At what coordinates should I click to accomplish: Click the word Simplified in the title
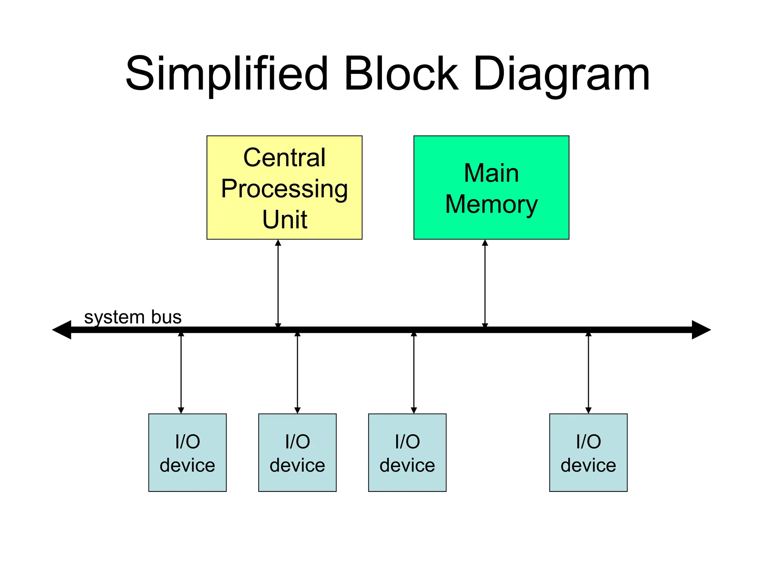pyautogui.click(x=226, y=74)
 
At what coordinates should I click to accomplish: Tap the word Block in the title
pyautogui.click(x=401, y=74)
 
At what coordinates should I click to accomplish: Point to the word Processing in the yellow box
pyautogui.click(x=284, y=189)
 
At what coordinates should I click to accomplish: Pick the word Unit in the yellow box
pyautogui.click(x=284, y=219)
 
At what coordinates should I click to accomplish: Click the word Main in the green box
pyautogui.click(x=491, y=173)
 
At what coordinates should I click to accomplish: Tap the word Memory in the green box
pyautogui.click(x=491, y=205)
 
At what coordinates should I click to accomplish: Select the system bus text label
pyautogui.click(x=133, y=317)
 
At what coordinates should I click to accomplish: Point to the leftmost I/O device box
pyautogui.click(x=187, y=452)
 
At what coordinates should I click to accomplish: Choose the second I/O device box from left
pyautogui.click(x=297, y=452)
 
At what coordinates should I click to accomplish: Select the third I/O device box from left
pyautogui.click(x=407, y=452)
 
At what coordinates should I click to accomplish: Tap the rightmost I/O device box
pyautogui.click(x=588, y=452)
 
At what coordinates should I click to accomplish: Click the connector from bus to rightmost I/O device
pyautogui.click(x=588, y=373)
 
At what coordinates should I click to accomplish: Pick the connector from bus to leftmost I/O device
pyautogui.click(x=181, y=373)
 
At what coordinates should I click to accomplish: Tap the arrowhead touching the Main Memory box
pyautogui.click(x=485, y=243)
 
